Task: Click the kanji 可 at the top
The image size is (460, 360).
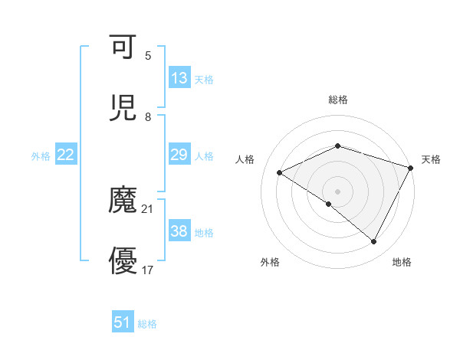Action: [x=123, y=47]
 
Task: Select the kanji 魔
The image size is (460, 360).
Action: [x=123, y=201]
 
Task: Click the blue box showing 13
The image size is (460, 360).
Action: [x=179, y=78]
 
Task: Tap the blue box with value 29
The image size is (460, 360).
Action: [x=179, y=155]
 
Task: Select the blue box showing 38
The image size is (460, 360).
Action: [x=179, y=231]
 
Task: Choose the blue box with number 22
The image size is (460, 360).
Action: [x=66, y=155]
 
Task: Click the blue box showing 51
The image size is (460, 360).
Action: [x=123, y=322]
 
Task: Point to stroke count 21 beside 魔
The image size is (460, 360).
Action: [x=148, y=208]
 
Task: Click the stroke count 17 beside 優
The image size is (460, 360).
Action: [x=148, y=270]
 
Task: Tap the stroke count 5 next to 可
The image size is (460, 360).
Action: [x=148, y=55]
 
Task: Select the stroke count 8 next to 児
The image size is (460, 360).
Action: [x=148, y=116]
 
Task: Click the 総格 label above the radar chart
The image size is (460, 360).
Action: [x=338, y=100]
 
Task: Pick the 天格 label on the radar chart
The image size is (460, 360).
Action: [x=431, y=159]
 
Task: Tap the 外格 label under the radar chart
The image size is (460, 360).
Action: [x=270, y=263]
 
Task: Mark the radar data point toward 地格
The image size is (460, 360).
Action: [x=374, y=242]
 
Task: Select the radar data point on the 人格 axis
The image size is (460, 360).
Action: [x=280, y=172]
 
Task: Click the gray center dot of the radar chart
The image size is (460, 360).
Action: [x=338, y=191]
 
